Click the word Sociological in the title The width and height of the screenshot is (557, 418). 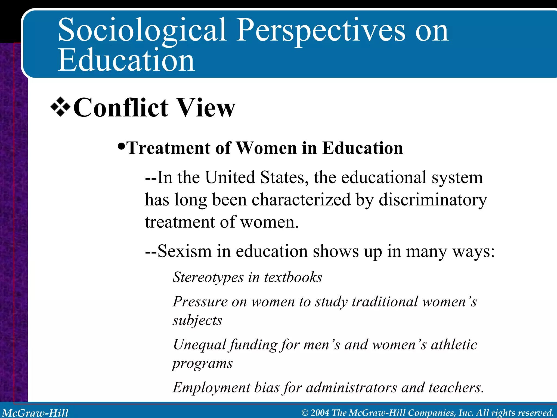[142, 30]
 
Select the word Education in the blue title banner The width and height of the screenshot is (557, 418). [126, 60]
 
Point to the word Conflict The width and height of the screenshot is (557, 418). [121, 108]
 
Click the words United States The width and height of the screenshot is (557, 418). [257, 177]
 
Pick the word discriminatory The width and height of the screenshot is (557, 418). [432, 200]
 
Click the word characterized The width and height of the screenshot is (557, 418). [301, 200]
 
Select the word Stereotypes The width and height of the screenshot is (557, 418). [208, 277]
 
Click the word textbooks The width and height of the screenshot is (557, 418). [293, 277]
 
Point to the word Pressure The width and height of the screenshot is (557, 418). [200, 302]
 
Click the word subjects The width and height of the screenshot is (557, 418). [197, 320]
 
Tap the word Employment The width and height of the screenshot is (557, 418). [211, 388]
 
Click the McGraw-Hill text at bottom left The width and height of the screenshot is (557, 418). [35, 413]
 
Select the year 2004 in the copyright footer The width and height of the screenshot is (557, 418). [320, 413]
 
